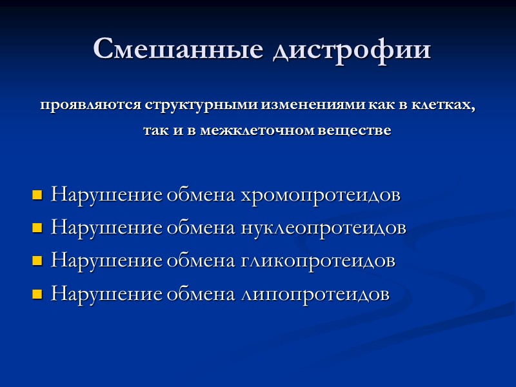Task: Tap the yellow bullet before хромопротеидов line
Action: tap(37, 194)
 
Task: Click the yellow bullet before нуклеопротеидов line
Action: tap(37, 228)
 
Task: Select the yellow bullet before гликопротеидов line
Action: tap(37, 261)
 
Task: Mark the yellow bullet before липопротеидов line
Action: tap(37, 295)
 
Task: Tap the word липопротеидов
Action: tap(315, 295)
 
